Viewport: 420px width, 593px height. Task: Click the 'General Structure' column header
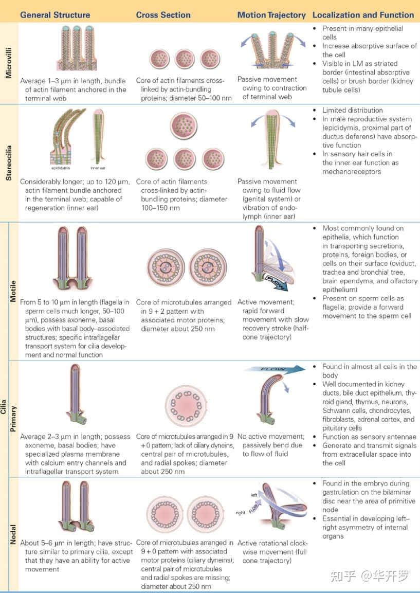55,15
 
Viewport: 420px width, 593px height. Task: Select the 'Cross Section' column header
163,15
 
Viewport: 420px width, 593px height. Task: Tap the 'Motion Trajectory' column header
271,15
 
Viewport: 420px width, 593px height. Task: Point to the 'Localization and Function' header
363,15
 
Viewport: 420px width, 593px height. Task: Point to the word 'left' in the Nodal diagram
254,494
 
